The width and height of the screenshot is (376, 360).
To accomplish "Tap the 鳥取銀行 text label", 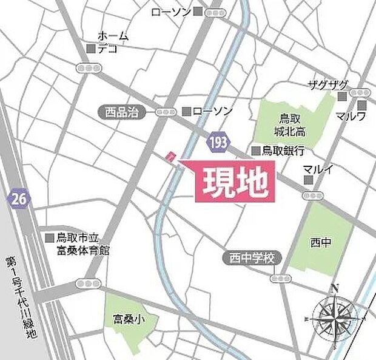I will pyautogui.click(x=283, y=151).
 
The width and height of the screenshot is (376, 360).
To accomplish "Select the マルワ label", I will pyautogui.click(x=352, y=115).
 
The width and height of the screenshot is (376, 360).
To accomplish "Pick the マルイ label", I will pyautogui.click(x=318, y=169).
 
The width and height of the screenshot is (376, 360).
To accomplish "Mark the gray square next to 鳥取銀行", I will pyautogui.click(x=255, y=151).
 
